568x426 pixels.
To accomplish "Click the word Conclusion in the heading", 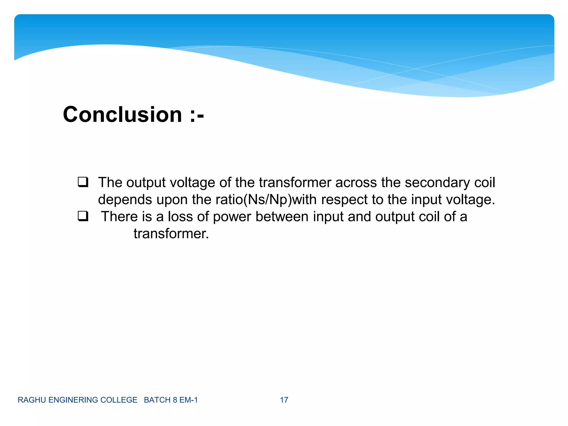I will tap(122, 115).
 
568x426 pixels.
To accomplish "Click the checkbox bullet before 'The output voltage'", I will tap(83, 182).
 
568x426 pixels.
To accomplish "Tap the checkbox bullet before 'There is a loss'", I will tap(83, 216).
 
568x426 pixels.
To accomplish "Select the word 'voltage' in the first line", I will tap(192, 183).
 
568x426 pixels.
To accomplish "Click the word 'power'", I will tap(232, 217).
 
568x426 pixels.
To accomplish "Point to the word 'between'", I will tap(282, 217).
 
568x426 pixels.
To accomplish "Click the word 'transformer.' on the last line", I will tap(171, 234).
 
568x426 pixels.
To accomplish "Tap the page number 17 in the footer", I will tap(284, 400).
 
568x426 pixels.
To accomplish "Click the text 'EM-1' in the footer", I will tap(189, 400).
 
